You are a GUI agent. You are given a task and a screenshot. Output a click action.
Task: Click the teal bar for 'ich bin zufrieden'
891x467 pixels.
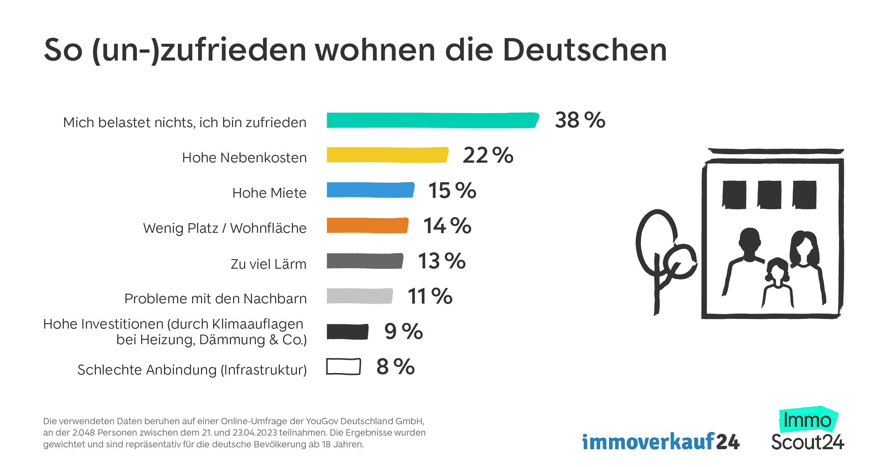click(x=432, y=120)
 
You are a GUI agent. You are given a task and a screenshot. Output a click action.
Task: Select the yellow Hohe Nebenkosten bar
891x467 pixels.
click(x=387, y=155)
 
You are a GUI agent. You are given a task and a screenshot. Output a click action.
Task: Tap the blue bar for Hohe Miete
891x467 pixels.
click(x=370, y=190)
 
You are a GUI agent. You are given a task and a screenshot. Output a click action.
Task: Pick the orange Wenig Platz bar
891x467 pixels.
click(x=367, y=225)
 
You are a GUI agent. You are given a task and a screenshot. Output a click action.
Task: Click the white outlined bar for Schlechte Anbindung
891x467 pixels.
click(x=343, y=367)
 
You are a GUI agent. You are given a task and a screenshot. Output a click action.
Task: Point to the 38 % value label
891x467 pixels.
click(x=580, y=120)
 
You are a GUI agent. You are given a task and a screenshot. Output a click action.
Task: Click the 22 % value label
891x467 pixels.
click(x=488, y=155)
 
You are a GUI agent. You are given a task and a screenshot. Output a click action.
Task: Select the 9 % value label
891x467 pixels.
click(x=403, y=331)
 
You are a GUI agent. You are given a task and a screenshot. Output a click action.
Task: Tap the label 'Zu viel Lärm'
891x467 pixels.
click(x=268, y=264)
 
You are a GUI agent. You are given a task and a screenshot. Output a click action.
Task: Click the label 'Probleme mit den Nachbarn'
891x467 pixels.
click(x=215, y=299)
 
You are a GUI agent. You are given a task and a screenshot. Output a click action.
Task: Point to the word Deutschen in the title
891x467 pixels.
click(x=584, y=50)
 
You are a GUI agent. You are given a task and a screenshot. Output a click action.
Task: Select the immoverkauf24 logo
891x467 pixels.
click(x=660, y=442)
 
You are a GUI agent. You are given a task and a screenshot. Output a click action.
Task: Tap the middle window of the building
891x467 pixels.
click(x=769, y=195)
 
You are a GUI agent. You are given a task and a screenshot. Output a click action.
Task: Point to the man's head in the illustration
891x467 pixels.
click(x=750, y=240)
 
